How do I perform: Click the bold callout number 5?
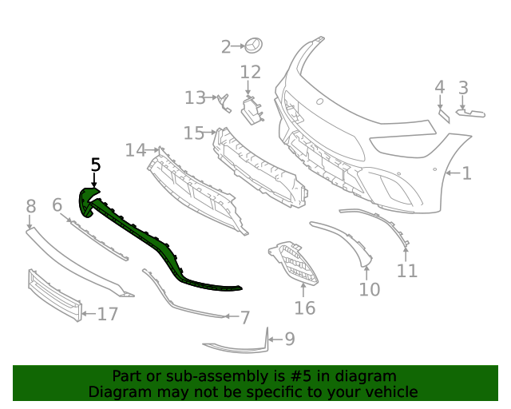tap(96, 165)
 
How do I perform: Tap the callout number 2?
tap(226, 47)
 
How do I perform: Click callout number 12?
tap(251, 73)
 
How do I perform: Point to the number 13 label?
tap(195, 97)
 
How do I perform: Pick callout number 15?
tap(194, 133)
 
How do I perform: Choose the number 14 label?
tap(136, 149)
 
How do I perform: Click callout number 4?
tap(440, 87)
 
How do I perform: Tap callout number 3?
tap(463, 87)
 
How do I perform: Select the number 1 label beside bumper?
tap(466, 173)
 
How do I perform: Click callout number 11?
tap(407, 271)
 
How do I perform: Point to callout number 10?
tap(370, 289)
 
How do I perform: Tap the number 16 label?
tap(305, 308)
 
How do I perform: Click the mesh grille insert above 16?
tap(294, 262)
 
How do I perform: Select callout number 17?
tap(108, 314)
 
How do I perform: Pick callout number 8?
tap(30, 207)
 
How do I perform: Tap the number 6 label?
tap(57, 205)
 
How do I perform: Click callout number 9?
tap(289, 340)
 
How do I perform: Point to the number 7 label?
tap(245, 317)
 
